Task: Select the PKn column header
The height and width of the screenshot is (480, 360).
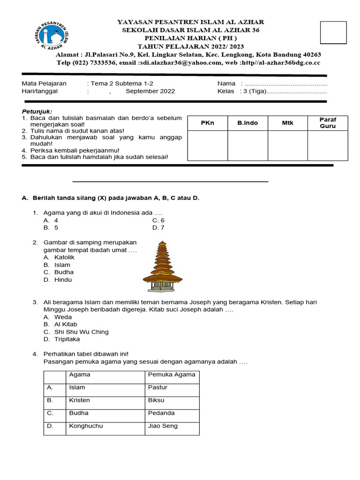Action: point(207,123)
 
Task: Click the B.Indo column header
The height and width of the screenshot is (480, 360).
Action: point(247,123)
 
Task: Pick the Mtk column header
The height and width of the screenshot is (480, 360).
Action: point(287,123)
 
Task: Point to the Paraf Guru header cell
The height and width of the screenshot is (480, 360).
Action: point(328,123)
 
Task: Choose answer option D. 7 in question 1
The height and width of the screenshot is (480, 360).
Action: point(158,228)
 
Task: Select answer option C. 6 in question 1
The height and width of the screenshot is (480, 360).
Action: point(158,220)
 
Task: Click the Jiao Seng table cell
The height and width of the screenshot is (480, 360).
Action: point(163,426)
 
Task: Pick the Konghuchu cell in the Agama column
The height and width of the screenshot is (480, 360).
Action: point(86,426)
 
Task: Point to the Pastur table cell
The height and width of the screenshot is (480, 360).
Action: point(157,387)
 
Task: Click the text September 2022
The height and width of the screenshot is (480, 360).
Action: point(150,91)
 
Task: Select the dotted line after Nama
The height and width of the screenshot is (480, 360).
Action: point(286,84)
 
